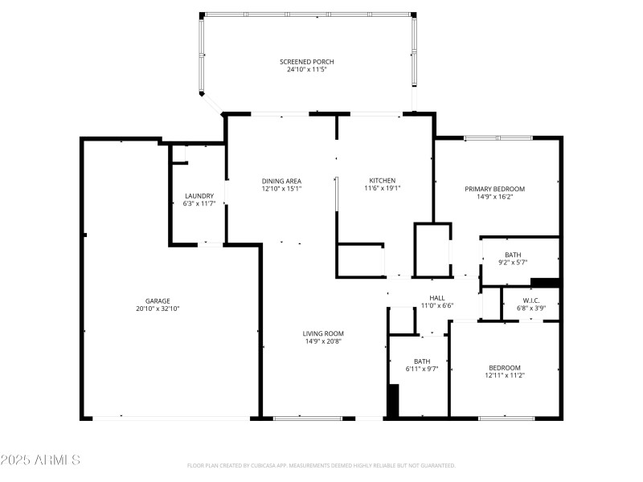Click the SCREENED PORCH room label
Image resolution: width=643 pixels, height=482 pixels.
[306, 62]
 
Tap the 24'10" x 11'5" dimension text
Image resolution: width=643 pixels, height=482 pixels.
[306, 70]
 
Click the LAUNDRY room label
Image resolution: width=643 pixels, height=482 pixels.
[199, 196]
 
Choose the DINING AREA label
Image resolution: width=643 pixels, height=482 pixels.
[281, 181]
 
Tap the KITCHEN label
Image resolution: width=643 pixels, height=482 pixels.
[382, 180]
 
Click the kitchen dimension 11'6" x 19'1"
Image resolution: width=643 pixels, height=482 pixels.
[382, 188]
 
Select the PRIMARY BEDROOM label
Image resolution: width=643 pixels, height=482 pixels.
[494, 189]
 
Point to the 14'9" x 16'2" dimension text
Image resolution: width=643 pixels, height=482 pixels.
[494, 197]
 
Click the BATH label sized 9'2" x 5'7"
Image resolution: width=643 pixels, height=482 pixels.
[513, 255]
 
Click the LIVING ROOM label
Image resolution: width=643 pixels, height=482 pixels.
[323, 333]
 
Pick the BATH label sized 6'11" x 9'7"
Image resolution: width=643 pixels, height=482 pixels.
[422, 361]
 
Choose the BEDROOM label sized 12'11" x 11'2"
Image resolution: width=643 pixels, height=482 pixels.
[504, 367]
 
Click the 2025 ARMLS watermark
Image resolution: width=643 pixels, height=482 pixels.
[40, 460]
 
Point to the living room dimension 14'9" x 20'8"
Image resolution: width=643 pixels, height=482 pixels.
[323, 341]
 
